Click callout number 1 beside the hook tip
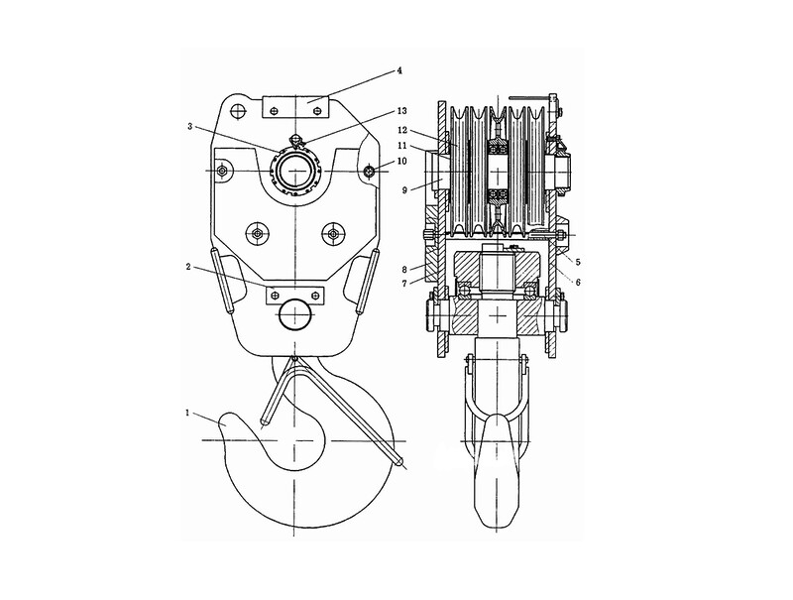pos(187,413)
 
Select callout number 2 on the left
pos(188,266)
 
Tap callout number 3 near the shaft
pos(189,126)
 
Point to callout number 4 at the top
pos(399,71)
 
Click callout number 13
pos(402,110)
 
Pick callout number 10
pos(402,161)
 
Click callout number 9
pos(404,190)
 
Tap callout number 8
pos(404,269)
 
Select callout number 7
pos(404,284)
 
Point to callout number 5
pos(578,262)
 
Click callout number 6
pos(578,283)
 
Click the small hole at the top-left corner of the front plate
pos(237,109)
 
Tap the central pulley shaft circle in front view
pos(293,172)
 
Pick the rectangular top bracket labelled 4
pos(295,107)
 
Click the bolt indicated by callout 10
pos(370,172)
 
